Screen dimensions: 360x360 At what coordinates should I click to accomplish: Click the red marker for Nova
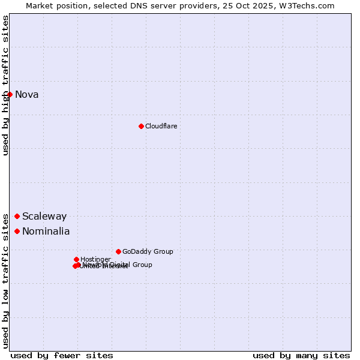10,94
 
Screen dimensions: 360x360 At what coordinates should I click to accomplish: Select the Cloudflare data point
141,126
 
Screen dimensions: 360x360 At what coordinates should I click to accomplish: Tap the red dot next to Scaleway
17,216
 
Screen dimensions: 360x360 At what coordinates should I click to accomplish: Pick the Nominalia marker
17,231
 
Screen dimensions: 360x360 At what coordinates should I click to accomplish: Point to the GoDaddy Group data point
118,251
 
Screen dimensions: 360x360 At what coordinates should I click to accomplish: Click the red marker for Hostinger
76,259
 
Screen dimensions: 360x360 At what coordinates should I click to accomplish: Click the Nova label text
26,94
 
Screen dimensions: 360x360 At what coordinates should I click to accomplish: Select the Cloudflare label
161,126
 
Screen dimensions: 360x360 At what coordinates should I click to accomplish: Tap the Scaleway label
44,217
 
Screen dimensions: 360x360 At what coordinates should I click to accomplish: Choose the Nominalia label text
46,232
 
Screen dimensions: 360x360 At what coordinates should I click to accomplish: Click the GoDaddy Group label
148,251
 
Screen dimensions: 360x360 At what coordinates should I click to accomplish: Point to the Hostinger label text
95,259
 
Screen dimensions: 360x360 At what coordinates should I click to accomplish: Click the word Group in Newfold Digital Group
142,265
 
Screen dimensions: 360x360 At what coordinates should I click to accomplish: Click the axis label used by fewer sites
62,355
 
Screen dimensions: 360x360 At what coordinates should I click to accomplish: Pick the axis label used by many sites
301,355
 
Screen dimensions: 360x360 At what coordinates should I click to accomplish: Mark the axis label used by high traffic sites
5,85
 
